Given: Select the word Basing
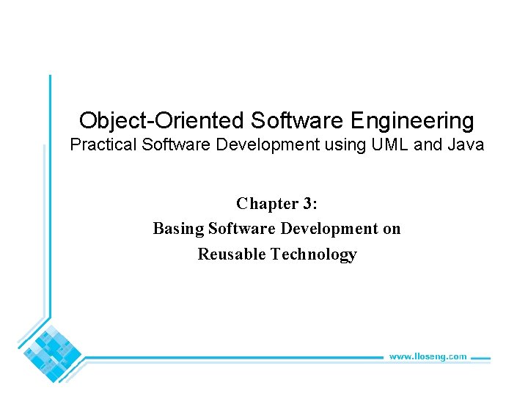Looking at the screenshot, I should pyautogui.click(x=178, y=229).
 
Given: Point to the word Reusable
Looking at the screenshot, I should pyautogui.click(x=231, y=254).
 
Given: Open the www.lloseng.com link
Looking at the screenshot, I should pyautogui.click(x=428, y=356).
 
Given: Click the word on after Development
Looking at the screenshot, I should pyautogui.click(x=392, y=229).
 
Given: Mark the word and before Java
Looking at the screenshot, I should pyautogui.click(x=428, y=145).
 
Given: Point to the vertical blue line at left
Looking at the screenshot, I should pyautogui.click(x=50, y=205).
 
